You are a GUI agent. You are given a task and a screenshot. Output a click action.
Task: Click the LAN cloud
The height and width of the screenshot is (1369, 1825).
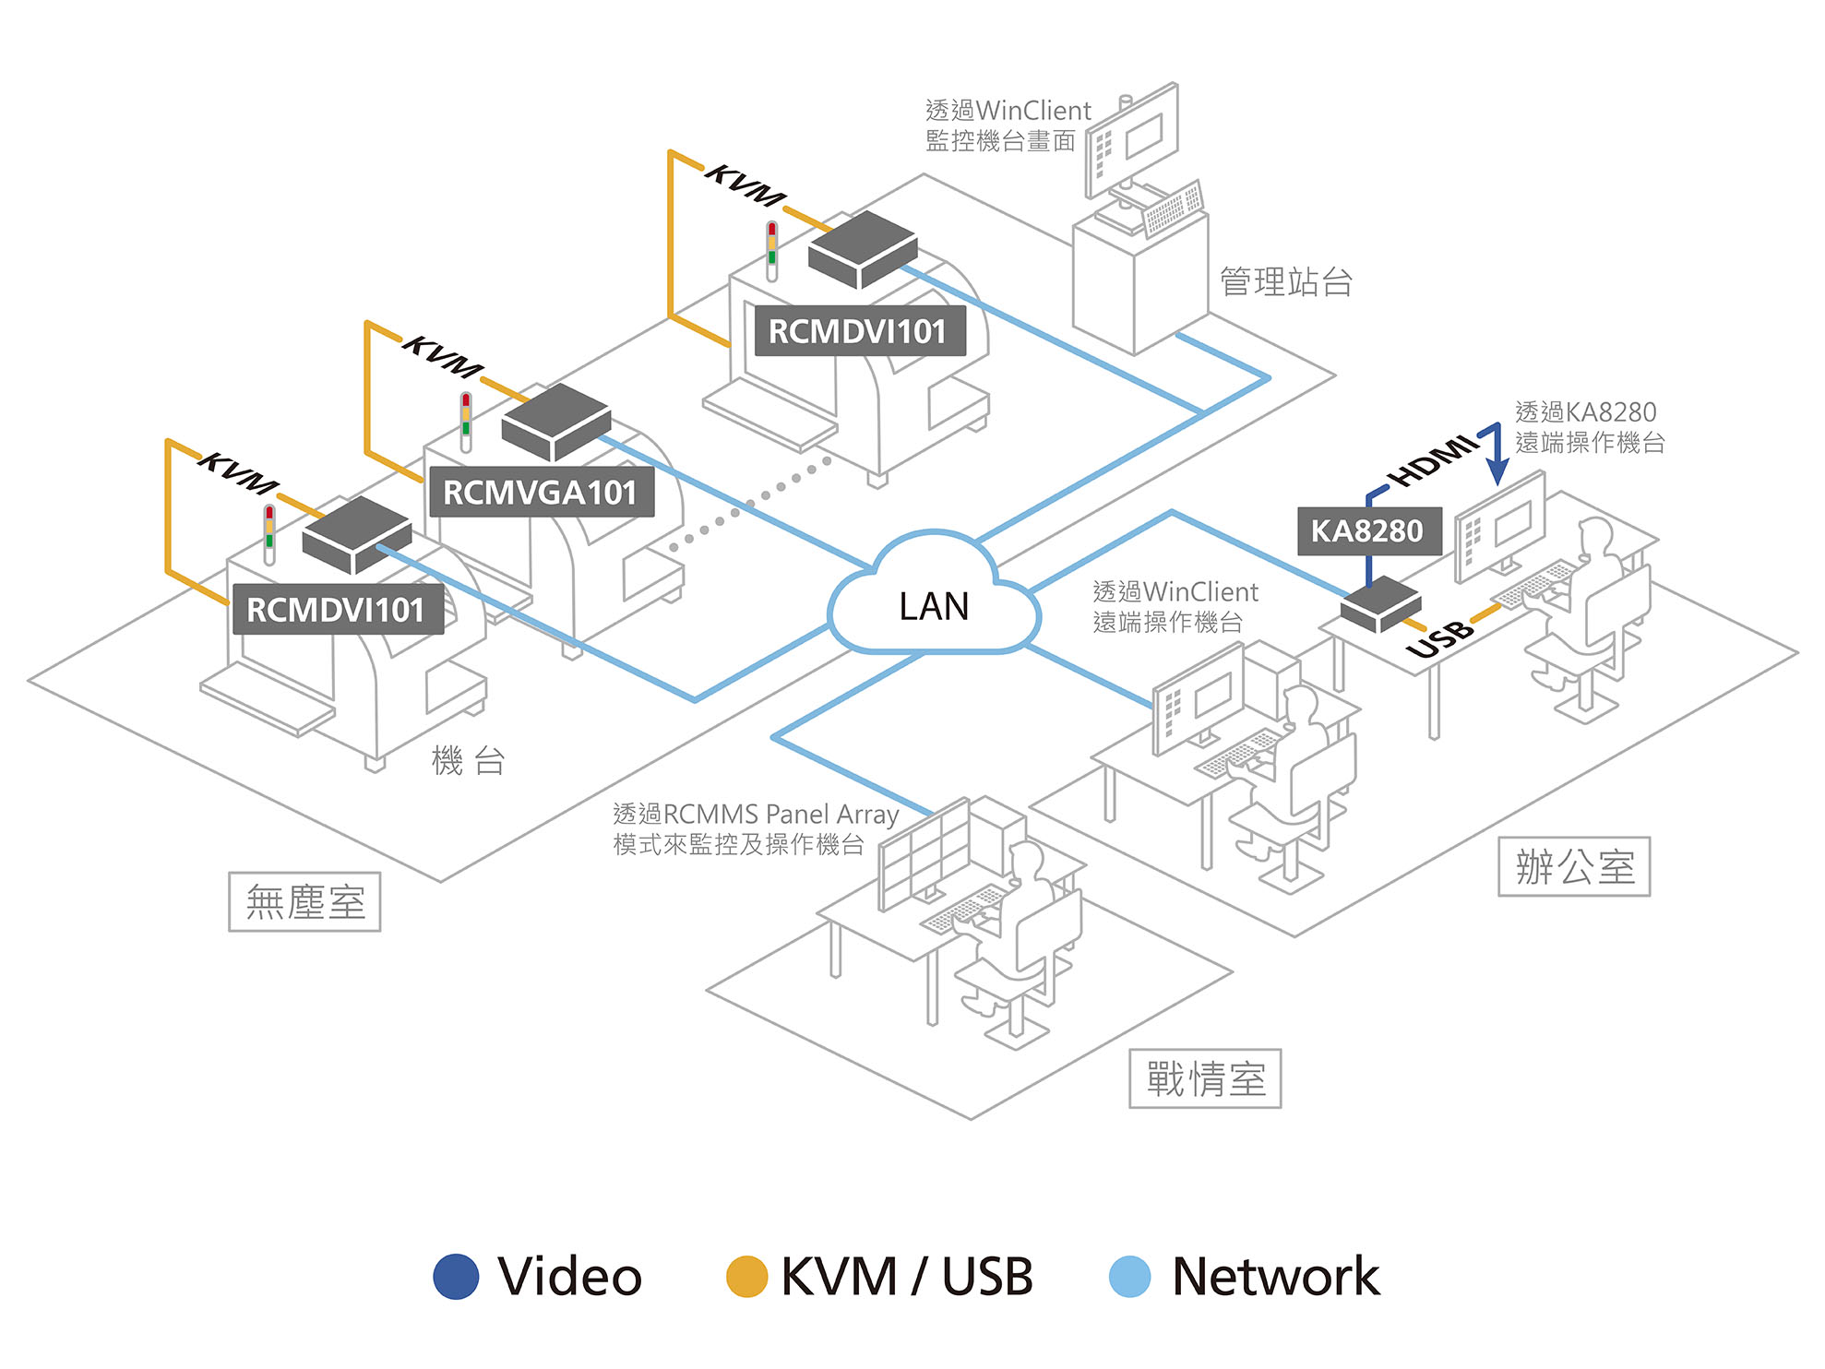pyautogui.click(x=934, y=600)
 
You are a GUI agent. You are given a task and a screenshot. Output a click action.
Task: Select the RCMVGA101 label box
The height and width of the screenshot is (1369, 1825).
pyautogui.click(x=541, y=493)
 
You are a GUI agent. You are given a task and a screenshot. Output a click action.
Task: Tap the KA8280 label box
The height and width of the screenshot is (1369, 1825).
pyautogui.click(x=1368, y=531)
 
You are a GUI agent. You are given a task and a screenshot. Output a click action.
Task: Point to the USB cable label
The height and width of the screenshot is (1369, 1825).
pyautogui.click(x=1439, y=638)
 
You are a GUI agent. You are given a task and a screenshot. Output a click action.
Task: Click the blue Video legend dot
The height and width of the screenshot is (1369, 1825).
pyautogui.click(x=456, y=1277)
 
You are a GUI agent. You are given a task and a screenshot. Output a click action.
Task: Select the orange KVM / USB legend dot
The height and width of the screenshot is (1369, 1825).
pyautogui.click(x=746, y=1277)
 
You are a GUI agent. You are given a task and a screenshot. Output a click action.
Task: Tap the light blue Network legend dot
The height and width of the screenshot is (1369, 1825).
pyautogui.click(x=1129, y=1277)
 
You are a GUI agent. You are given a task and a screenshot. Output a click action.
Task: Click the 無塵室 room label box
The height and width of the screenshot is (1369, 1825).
pyautogui.click(x=304, y=901)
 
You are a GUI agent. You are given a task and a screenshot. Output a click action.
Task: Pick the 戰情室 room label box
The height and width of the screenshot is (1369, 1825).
pyautogui.click(x=1205, y=1078)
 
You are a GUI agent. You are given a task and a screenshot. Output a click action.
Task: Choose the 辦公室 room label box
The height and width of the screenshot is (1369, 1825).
pyautogui.click(x=1574, y=867)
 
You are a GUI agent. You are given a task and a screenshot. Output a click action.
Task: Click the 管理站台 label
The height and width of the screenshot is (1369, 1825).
pyautogui.click(x=1286, y=281)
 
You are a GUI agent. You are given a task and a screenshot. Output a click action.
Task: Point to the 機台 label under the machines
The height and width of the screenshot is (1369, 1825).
pyautogui.click(x=468, y=761)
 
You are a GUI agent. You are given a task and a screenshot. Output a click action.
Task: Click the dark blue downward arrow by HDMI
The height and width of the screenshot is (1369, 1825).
pyautogui.click(x=1497, y=457)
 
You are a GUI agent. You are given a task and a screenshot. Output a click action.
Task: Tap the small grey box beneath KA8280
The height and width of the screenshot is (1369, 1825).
pyautogui.click(x=1380, y=605)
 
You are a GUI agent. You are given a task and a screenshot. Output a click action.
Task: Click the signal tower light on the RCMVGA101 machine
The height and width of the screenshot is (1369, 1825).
pyautogui.click(x=466, y=419)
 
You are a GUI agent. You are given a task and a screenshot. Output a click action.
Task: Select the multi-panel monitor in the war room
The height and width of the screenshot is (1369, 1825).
pyautogui.click(x=924, y=853)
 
